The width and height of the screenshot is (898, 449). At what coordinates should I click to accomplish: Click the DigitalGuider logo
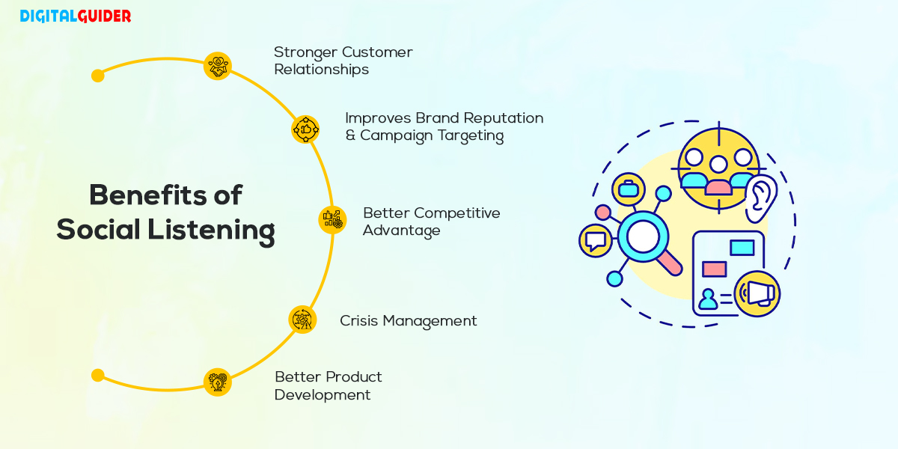[75, 16]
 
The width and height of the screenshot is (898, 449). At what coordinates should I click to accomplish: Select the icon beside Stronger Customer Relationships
[217, 67]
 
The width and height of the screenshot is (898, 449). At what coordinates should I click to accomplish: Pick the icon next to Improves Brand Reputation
[305, 129]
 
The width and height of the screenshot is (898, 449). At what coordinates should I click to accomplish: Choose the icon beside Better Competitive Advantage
[332, 219]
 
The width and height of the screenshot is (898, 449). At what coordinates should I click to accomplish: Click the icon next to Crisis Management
[302, 320]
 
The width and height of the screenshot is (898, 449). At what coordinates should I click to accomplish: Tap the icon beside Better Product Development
[217, 382]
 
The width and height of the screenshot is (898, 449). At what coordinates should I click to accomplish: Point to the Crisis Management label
[408, 321]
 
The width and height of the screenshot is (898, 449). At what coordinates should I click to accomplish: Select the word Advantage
[401, 230]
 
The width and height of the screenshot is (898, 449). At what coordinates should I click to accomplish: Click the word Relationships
[321, 70]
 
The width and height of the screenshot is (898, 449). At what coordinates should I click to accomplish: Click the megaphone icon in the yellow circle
[757, 293]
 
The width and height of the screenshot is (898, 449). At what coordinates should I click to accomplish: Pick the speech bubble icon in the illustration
[596, 241]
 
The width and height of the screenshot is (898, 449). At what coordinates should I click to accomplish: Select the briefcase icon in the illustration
[628, 189]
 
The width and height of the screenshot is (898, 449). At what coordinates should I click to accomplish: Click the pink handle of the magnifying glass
[668, 262]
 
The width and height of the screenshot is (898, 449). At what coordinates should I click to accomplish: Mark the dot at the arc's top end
[97, 76]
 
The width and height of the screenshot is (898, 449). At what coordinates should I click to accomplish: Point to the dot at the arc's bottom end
[97, 375]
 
